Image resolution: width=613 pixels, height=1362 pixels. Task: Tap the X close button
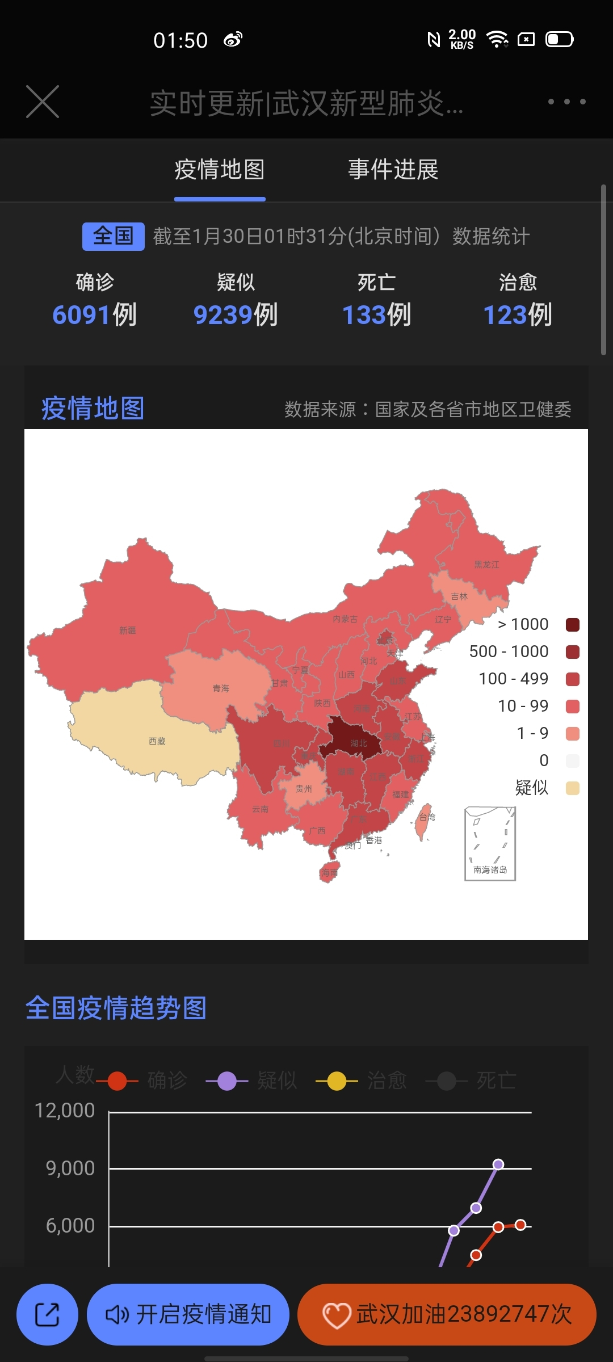coord(43,102)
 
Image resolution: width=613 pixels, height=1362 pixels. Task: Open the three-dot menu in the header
coord(566,102)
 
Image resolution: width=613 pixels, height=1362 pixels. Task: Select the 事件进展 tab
coord(393,170)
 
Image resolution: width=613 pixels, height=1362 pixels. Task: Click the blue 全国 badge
coord(114,236)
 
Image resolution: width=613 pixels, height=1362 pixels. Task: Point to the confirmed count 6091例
coord(94,314)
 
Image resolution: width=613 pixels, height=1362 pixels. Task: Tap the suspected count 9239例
coord(236,314)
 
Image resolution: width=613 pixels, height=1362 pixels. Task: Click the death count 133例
coord(376,314)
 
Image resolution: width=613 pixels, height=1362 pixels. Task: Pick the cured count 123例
coord(517,314)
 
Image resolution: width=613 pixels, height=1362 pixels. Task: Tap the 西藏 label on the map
coord(157,741)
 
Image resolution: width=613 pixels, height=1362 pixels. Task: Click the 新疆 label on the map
coord(128,630)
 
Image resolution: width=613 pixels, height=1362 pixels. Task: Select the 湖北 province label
coord(359,743)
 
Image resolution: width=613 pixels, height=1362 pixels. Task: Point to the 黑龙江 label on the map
coord(487,565)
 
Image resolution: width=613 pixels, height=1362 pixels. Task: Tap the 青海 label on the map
coord(221,688)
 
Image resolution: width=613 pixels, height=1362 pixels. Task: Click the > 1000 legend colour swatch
coord(572,625)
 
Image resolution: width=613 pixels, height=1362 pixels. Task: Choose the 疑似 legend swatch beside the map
coord(572,788)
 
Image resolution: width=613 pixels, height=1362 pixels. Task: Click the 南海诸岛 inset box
coord(490,844)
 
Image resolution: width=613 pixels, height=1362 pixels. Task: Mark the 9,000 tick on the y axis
coord(70,1168)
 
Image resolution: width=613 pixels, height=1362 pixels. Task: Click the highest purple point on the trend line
coord(498,1165)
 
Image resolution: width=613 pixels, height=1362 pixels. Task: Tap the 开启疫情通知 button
coord(188,1314)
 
